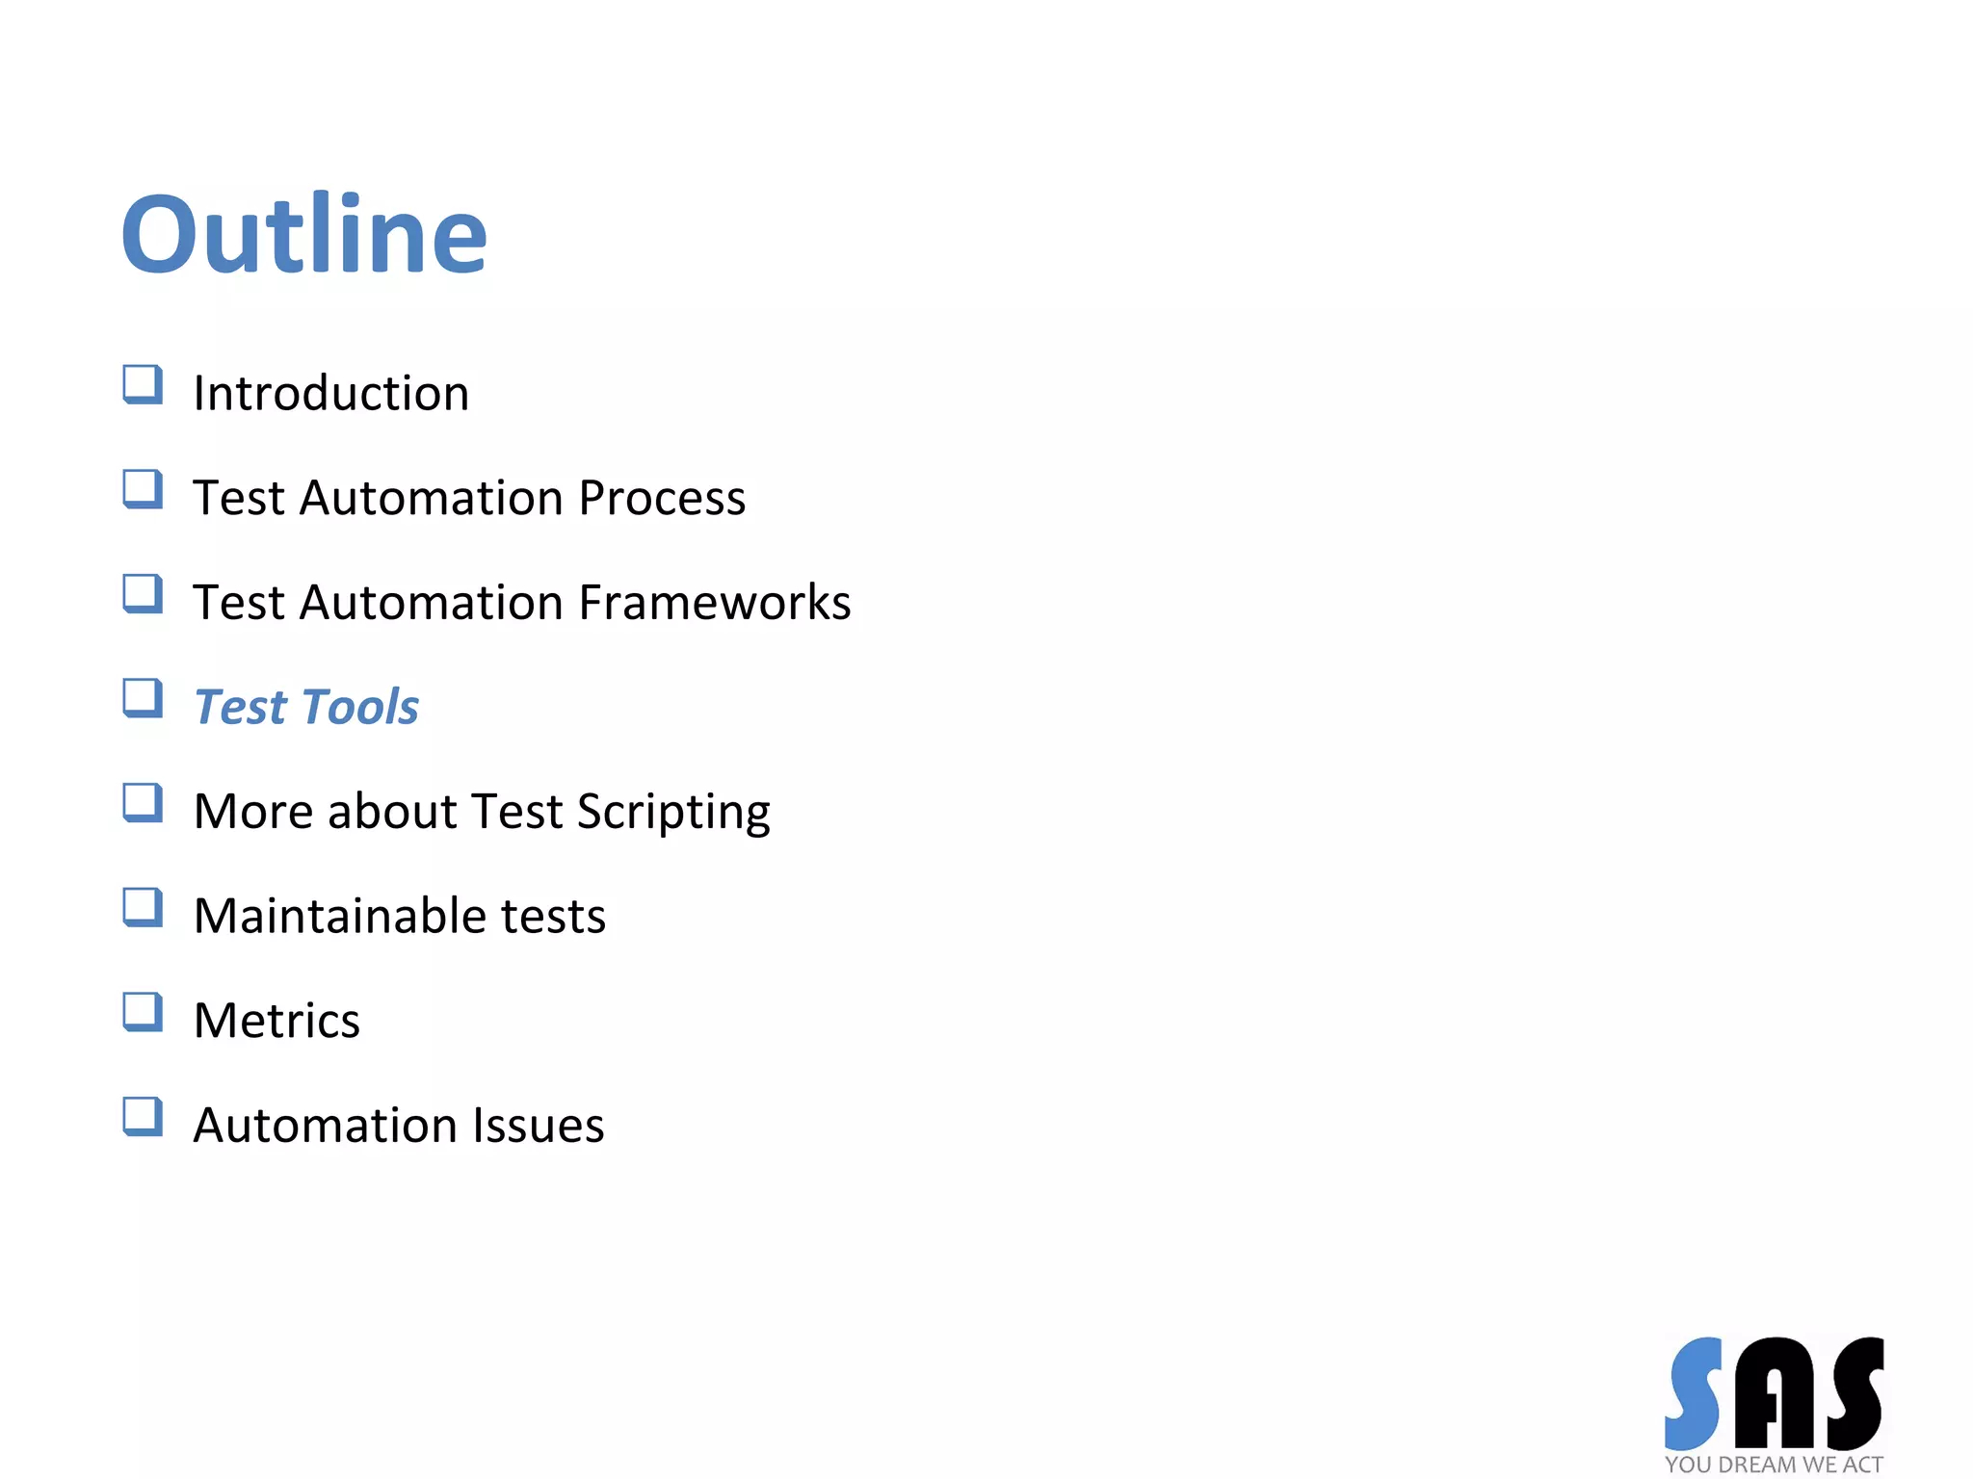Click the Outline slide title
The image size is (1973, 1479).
[x=303, y=234]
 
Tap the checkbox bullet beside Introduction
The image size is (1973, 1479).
[x=143, y=384]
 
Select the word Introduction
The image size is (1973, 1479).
[x=330, y=393]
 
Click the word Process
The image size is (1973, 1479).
[x=662, y=498]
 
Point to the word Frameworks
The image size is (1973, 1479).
[x=715, y=603]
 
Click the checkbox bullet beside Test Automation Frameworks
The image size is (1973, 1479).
[x=143, y=593]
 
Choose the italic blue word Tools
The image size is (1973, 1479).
[x=360, y=707]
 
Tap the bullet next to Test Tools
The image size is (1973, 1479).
[x=143, y=698]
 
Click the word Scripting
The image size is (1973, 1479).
[x=673, y=812]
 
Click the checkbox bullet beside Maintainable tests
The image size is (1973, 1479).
[x=143, y=907]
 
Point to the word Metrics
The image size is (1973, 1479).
[x=276, y=1021]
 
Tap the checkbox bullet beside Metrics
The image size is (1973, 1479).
[x=143, y=1012]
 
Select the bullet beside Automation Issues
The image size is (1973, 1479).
[x=143, y=1117]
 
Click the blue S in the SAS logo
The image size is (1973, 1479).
[x=1694, y=1392]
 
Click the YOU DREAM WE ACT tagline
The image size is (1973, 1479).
[x=1774, y=1465]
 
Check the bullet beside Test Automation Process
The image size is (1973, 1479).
[x=143, y=489]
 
